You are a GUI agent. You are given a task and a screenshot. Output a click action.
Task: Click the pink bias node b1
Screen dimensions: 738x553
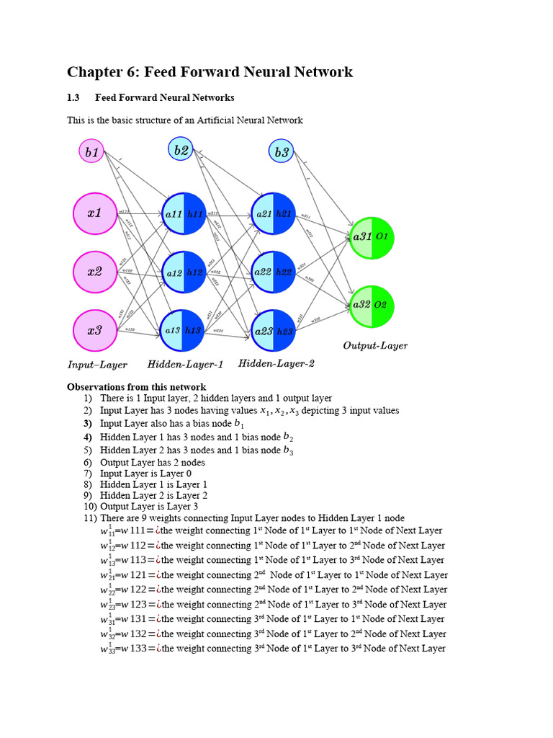coord(92,152)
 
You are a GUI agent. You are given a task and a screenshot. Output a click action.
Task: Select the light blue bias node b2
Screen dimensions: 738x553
coord(181,150)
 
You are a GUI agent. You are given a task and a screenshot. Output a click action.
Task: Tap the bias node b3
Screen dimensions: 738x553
coord(281,152)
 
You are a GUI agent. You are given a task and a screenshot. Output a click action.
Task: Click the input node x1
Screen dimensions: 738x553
coord(95,213)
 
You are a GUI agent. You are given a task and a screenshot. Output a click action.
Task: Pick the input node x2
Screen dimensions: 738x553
coord(95,272)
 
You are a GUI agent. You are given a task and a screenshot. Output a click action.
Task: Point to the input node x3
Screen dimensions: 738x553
coord(95,331)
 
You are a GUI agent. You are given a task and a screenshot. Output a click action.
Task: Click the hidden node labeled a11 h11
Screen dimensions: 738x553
coord(184,213)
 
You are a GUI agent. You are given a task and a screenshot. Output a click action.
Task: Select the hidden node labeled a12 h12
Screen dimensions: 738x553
coord(184,272)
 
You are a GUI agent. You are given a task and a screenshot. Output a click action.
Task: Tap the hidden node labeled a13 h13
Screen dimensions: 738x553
coord(184,331)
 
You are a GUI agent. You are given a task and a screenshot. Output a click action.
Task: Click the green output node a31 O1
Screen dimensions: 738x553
coord(372,237)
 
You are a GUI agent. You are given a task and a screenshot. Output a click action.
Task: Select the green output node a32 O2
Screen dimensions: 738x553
coord(372,306)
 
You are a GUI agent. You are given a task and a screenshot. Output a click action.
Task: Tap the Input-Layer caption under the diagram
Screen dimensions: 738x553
coord(97,365)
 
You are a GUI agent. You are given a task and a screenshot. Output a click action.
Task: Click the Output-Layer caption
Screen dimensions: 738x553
coord(375,346)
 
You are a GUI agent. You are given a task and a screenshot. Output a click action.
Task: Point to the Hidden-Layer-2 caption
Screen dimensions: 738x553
coord(276,364)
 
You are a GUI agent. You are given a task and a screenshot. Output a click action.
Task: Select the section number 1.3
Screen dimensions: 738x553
coord(73,97)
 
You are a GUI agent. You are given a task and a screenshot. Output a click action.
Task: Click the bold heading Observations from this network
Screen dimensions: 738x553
coord(136,386)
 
